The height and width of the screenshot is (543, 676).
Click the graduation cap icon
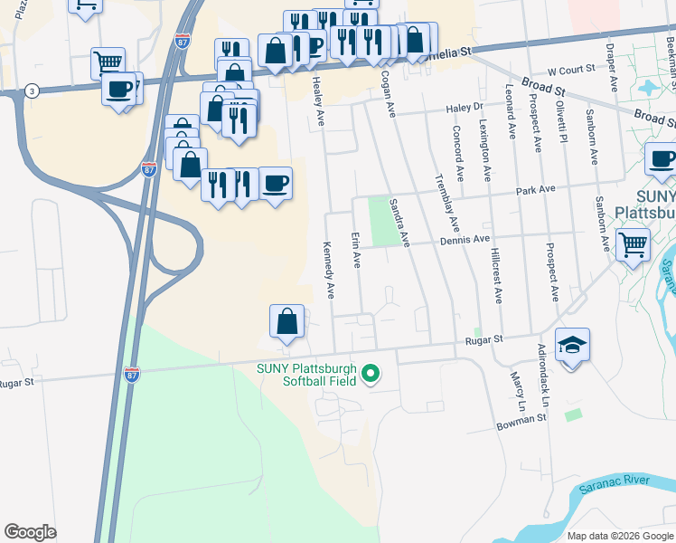point(572,347)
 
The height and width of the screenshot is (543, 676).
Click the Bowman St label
point(521,419)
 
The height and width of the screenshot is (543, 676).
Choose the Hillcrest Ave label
point(497,275)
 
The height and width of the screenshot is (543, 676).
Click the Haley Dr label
point(466,108)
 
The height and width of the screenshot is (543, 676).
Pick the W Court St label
point(571,69)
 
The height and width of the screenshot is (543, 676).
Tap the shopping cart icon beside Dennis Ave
point(633,243)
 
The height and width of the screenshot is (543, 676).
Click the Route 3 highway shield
point(33,90)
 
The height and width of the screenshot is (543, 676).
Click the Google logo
point(30,532)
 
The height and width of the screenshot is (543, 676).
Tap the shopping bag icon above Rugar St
point(286,321)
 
